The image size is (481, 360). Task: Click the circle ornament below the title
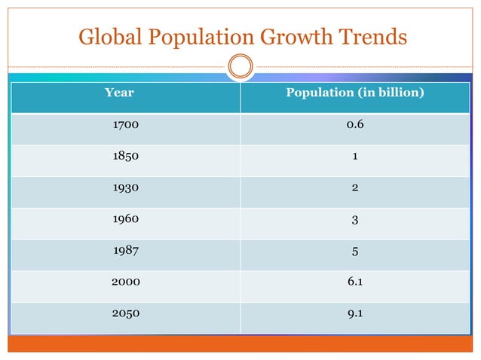click(240, 66)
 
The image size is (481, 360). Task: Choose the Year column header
click(119, 93)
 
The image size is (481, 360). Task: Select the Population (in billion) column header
click(355, 93)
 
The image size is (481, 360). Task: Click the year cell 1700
click(126, 125)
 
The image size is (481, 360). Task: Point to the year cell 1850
click(126, 157)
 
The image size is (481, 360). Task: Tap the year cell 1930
click(126, 188)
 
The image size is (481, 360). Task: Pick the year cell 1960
click(126, 220)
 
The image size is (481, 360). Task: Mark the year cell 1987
click(126, 251)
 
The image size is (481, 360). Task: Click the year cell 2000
click(126, 282)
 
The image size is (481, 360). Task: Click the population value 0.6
click(355, 125)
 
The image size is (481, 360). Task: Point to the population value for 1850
click(355, 157)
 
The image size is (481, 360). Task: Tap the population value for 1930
click(355, 188)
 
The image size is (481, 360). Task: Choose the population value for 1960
click(355, 220)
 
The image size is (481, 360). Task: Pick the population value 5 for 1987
click(355, 251)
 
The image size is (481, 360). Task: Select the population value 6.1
click(355, 282)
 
